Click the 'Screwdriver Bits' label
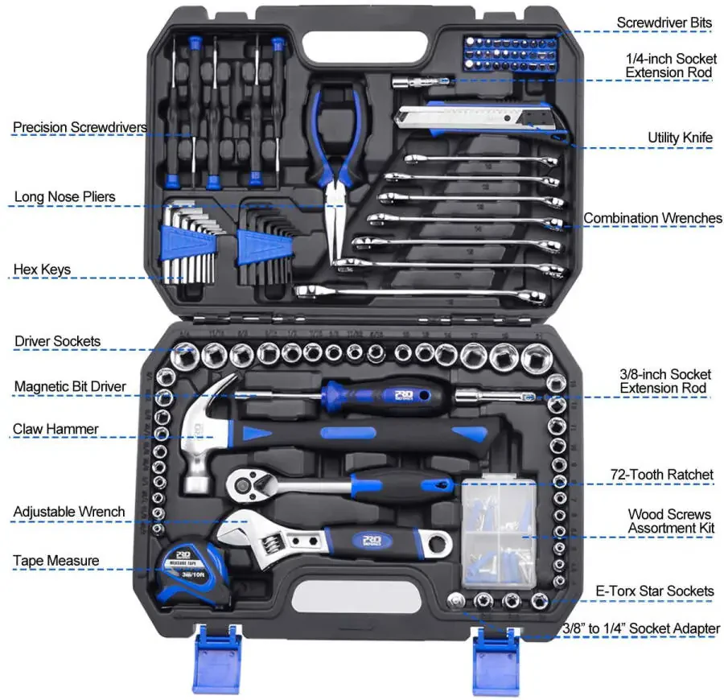[x=664, y=23]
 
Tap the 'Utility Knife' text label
[x=680, y=138]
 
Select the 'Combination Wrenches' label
[x=652, y=218]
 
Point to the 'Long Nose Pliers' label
[x=65, y=197]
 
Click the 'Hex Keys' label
[x=42, y=270]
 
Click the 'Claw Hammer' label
[x=56, y=429]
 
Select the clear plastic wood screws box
[x=498, y=531]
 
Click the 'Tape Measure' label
[x=56, y=561]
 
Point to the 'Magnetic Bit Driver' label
[x=70, y=387]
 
